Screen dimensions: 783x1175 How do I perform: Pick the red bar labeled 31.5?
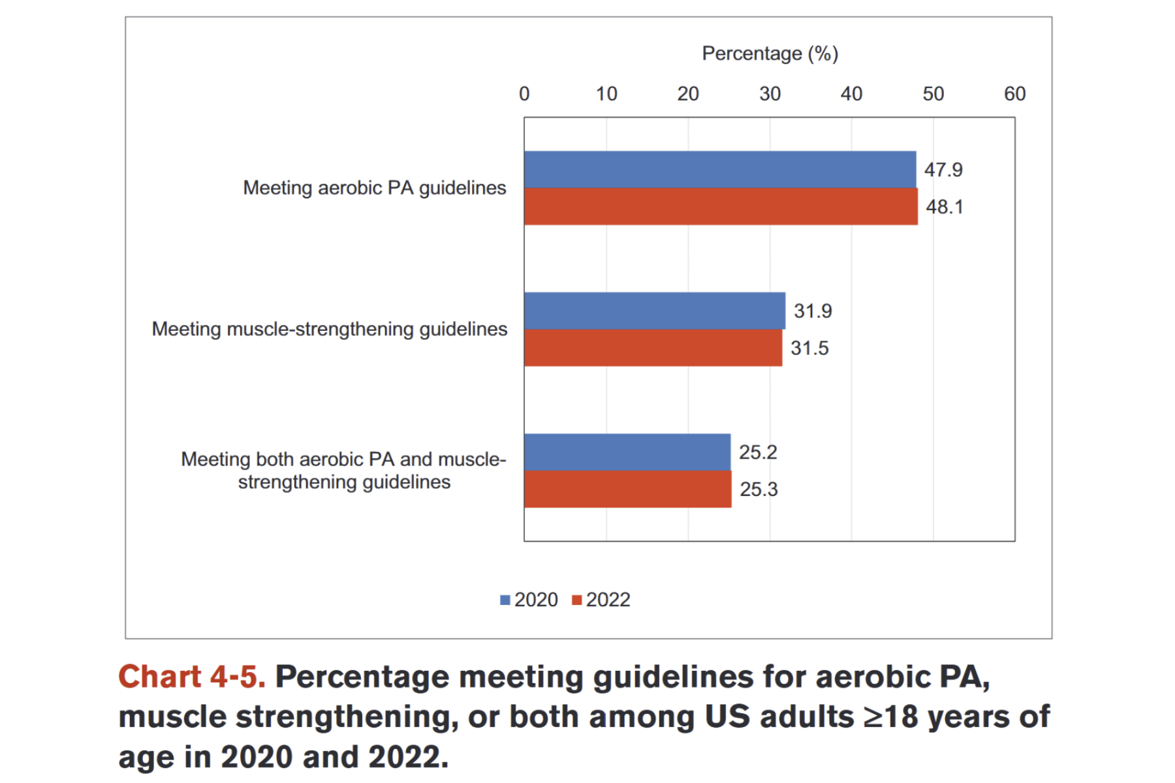[653, 348]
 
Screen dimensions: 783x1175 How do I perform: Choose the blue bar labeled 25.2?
[627, 452]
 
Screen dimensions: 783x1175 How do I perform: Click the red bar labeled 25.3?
[627, 489]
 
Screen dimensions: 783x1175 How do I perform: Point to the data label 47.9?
[943, 170]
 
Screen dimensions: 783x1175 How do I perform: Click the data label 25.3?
[759, 489]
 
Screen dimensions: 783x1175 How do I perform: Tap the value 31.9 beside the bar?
[813, 311]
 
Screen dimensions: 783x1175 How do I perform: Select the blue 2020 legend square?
[505, 600]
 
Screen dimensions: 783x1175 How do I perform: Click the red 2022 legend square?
[576, 600]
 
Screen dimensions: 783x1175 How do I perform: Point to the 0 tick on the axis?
[524, 94]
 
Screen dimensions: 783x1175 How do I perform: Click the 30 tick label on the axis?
[770, 94]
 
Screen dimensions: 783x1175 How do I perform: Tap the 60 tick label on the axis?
[1014, 94]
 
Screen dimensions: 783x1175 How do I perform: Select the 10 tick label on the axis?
[606, 94]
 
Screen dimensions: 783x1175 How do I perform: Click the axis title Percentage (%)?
[770, 54]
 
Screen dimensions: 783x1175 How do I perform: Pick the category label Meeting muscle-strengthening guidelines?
[329, 329]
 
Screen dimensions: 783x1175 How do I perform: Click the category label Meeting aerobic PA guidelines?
[374, 188]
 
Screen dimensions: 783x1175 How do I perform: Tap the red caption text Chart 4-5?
[192, 677]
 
